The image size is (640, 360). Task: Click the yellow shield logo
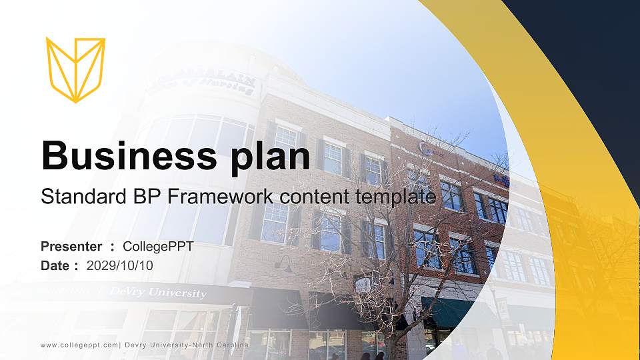click(x=75, y=69)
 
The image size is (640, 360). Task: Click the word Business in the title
click(x=126, y=156)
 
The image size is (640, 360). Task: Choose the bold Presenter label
click(x=71, y=247)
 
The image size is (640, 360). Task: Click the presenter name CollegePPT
click(x=158, y=247)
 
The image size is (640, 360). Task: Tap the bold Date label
click(x=55, y=265)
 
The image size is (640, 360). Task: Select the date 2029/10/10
click(x=119, y=265)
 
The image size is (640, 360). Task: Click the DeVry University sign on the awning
click(x=158, y=293)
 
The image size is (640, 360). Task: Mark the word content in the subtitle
click(x=317, y=197)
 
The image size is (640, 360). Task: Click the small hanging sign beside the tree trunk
click(x=363, y=285)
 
